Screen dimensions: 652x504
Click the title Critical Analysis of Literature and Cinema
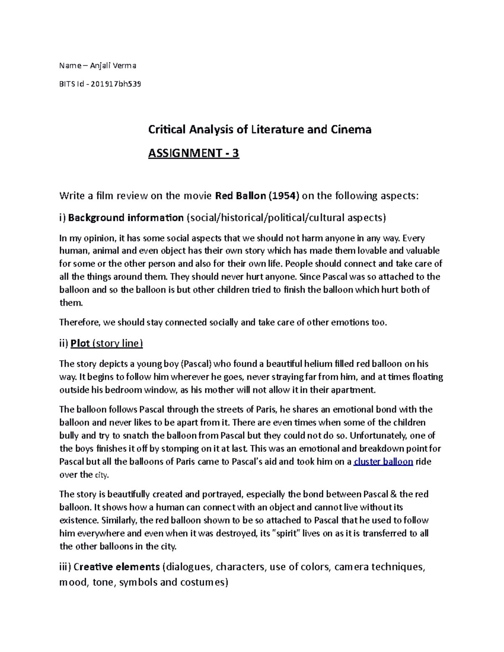260,129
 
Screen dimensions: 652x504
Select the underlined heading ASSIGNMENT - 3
193,153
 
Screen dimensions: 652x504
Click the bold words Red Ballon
240,196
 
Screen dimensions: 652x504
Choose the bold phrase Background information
126,217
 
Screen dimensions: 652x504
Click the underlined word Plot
80,343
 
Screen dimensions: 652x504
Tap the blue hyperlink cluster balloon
383,462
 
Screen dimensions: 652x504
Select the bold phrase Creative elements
116,567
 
